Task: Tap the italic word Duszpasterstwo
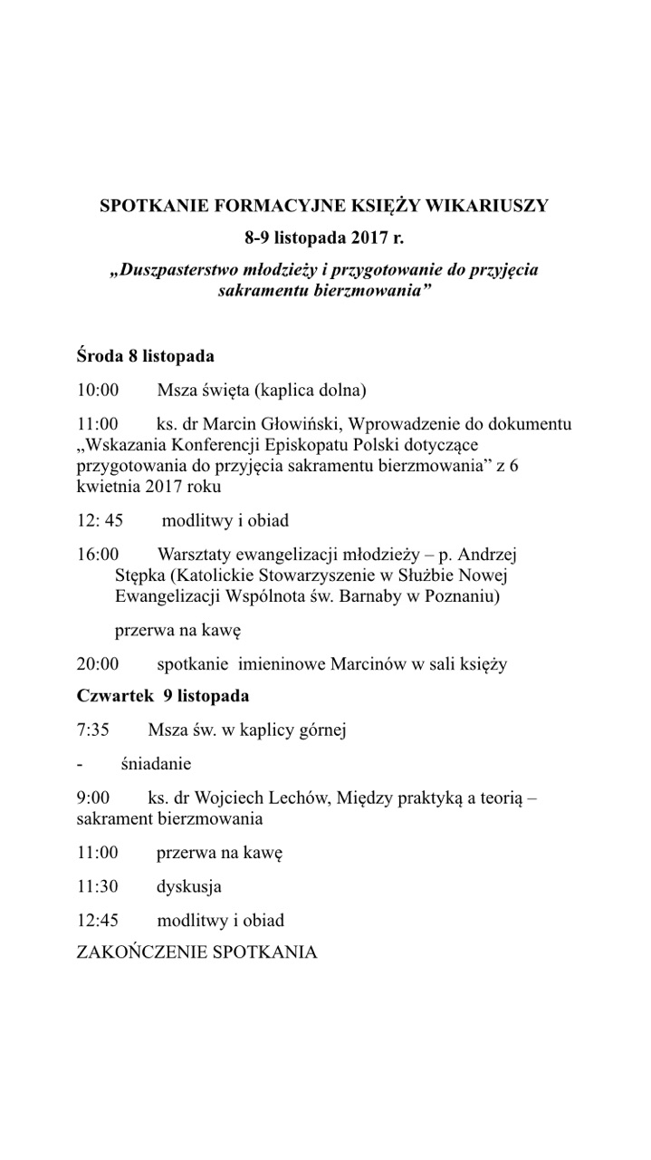pyautogui.click(x=180, y=271)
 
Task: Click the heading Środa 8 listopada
pyautogui.click(x=145, y=356)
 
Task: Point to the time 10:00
pyautogui.click(x=98, y=391)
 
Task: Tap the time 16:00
pyautogui.click(x=98, y=554)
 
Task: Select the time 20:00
pyautogui.click(x=98, y=664)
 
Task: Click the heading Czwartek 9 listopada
pyautogui.click(x=163, y=697)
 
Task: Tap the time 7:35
pyautogui.click(x=93, y=730)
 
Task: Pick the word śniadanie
pyautogui.click(x=156, y=764)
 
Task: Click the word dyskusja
pyautogui.click(x=188, y=887)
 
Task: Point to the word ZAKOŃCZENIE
pyautogui.click(x=140, y=952)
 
